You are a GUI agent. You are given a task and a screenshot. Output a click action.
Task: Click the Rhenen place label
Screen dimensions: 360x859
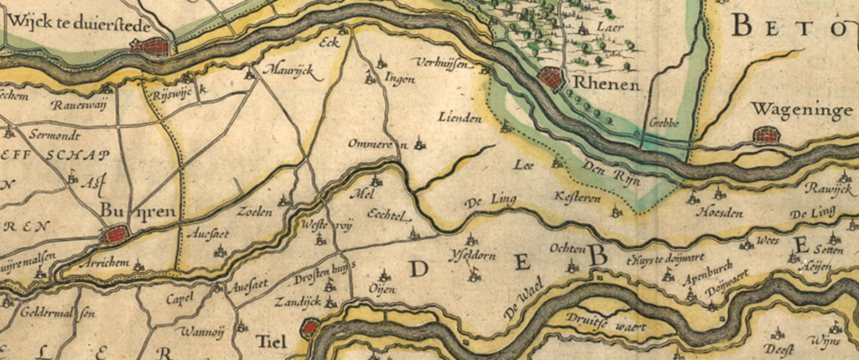[608, 85]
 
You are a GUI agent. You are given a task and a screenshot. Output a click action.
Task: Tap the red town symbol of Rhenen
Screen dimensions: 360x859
[551, 79]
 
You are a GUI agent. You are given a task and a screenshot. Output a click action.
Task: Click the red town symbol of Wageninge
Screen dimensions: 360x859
[766, 134]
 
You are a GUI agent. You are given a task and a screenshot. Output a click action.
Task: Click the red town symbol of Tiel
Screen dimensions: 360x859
[311, 327]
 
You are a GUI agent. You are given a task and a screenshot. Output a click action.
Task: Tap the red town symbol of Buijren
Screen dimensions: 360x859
[114, 234]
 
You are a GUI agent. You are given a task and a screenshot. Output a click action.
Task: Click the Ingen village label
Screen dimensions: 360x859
[400, 81]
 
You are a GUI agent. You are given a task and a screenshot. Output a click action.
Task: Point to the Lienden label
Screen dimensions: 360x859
[461, 117]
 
